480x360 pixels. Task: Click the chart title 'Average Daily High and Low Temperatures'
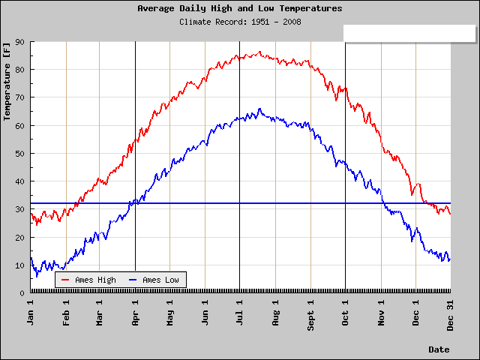240,8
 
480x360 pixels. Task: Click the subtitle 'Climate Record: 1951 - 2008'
240,22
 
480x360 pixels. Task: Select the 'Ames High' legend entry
88,280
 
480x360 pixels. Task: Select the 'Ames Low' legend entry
154,280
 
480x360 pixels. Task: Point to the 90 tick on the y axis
19,42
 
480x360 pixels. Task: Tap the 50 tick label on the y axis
19,154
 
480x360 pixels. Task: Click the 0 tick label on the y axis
22,293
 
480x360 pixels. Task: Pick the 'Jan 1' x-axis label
30,313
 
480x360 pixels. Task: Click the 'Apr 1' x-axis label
135,313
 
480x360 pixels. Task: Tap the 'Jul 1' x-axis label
239,313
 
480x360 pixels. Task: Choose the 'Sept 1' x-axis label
310,315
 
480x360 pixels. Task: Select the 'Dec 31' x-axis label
450,315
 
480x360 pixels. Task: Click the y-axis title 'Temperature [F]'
7,82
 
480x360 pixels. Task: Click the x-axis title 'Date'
439,349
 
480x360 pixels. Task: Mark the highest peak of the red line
260,52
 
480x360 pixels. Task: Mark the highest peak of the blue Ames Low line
259,109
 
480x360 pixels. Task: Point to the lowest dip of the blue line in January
37,277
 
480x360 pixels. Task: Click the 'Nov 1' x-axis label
381,313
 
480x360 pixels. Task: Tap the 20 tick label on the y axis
19,238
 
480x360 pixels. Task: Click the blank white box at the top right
409,33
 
